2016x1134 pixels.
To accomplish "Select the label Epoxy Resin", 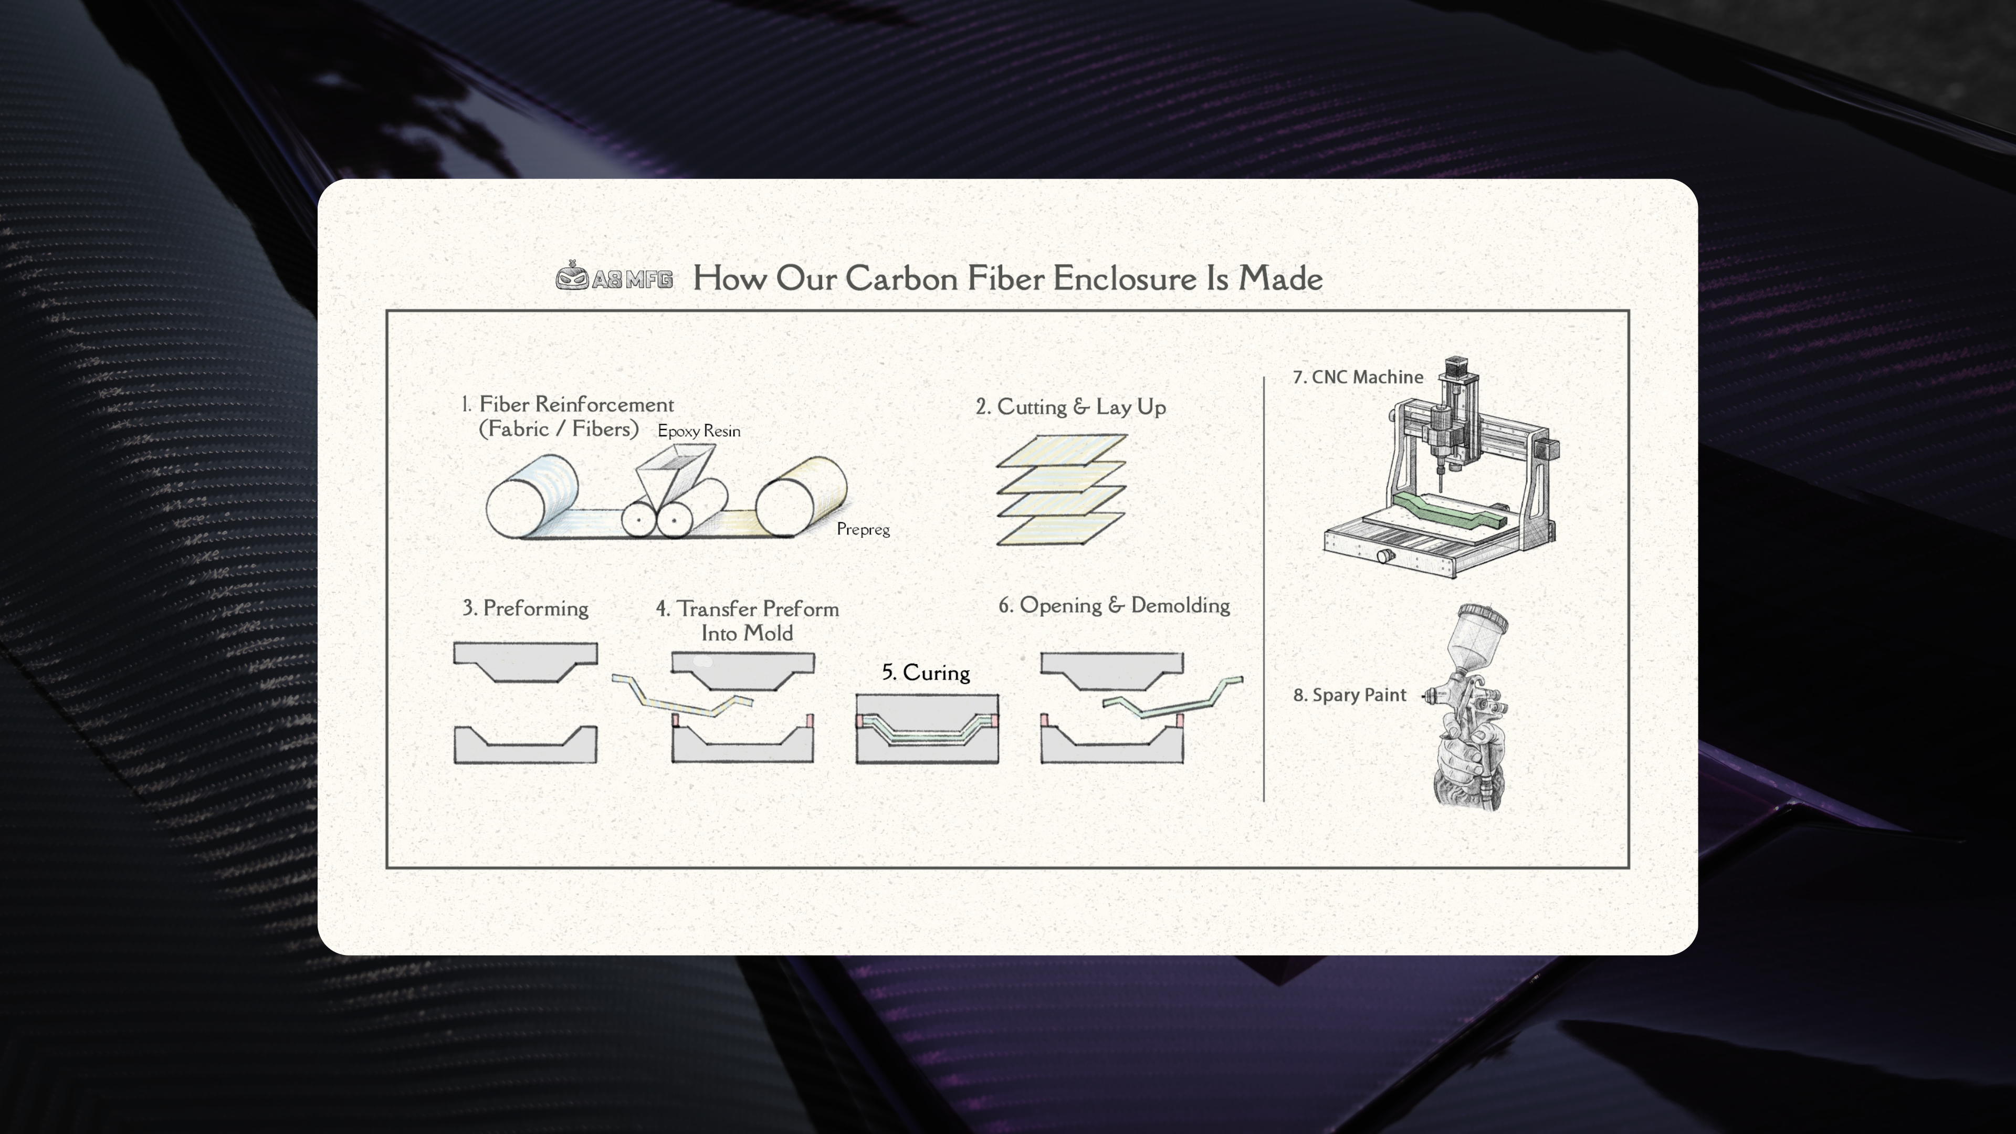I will pyautogui.click(x=698, y=430).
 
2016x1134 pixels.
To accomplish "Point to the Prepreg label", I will pyautogui.click(x=863, y=529).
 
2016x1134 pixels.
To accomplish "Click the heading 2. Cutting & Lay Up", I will pyautogui.click(x=1070, y=407).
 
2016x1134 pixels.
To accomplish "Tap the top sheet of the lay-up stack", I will pyautogui.click(x=1061, y=450).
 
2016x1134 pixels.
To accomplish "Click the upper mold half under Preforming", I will pyautogui.click(x=525, y=660).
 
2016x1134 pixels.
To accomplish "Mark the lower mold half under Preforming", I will pyautogui.click(x=525, y=746).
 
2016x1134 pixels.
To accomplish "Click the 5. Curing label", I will pyautogui.click(x=926, y=672).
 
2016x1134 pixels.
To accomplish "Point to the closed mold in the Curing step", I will pyautogui.click(x=927, y=729).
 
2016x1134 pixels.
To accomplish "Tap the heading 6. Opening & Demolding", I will pyautogui.click(x=1114, y=605).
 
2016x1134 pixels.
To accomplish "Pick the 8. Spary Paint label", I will pyautogui.click(x=1349, y=695).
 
